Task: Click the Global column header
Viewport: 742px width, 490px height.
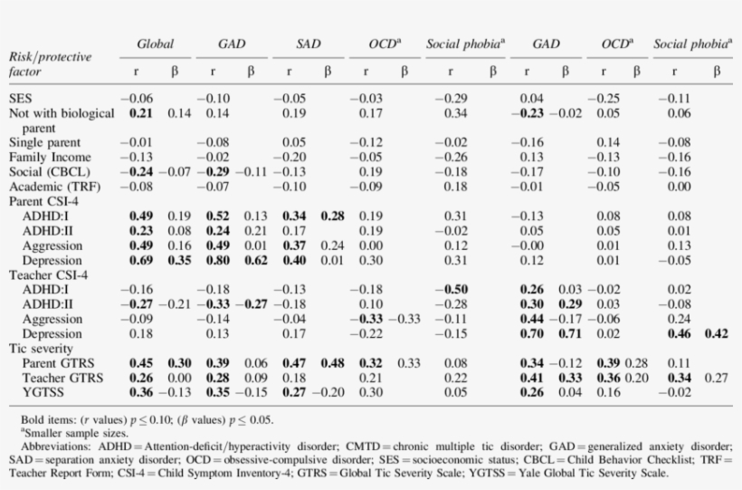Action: point(155,43)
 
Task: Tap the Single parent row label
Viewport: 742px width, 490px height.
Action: point(45,142)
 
